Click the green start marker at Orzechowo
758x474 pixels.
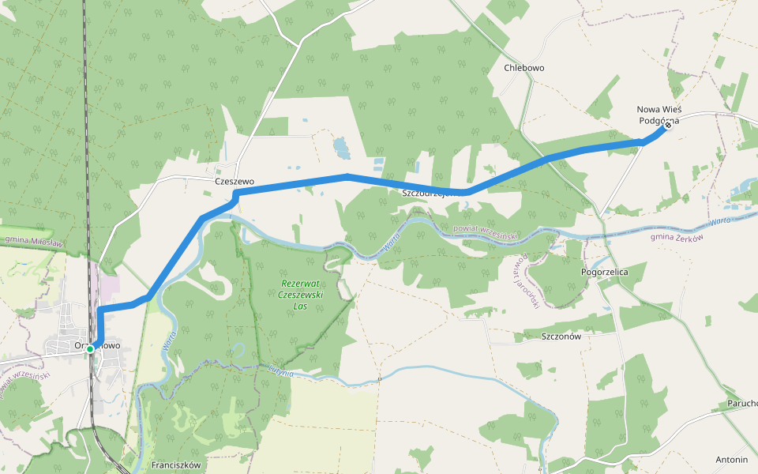(91, 348)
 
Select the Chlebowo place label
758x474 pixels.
(524, 68)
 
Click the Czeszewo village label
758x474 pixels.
(235, 182)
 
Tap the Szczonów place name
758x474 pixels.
(561, 336)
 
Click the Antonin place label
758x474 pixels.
(731, 459)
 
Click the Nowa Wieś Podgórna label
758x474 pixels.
(659, 115)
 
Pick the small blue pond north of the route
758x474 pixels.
(341, 146)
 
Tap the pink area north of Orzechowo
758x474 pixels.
(108, 287)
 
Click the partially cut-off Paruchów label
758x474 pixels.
(742, 404)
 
